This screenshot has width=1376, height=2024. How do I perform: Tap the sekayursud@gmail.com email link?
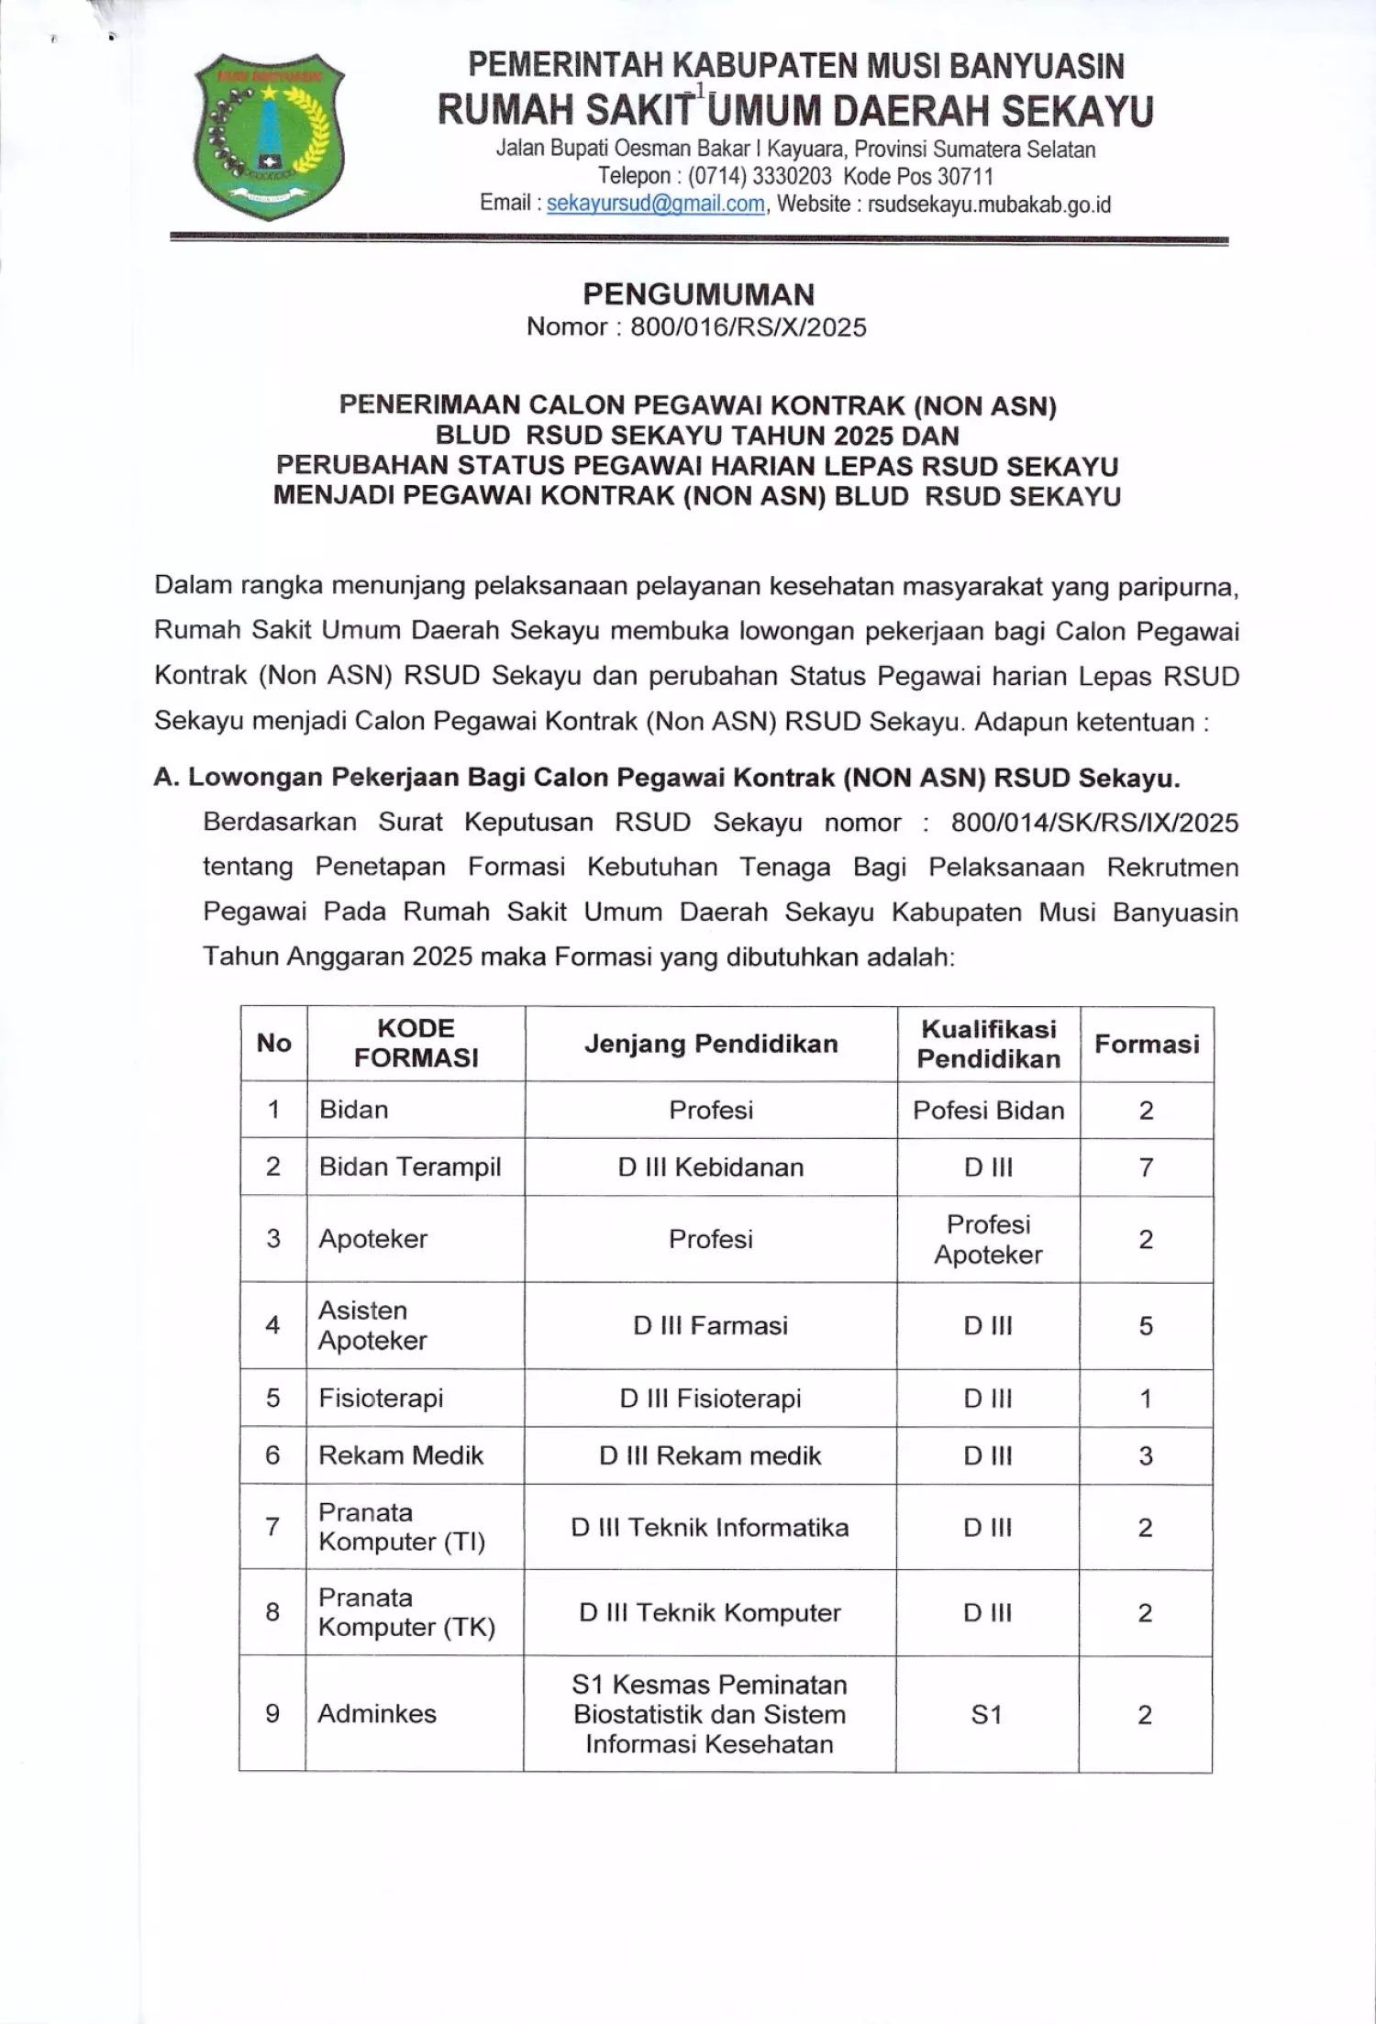pos(655,204)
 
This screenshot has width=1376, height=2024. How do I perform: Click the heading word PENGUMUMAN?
pos(698,294)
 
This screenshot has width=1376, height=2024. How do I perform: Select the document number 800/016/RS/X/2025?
pos(748,327)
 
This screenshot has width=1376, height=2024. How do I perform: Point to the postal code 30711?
pos(961,176)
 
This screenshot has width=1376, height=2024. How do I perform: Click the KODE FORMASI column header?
pos(416,1043)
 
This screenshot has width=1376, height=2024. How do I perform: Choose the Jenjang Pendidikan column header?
pos(711,1044)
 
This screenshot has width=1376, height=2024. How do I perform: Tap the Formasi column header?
pos(1147,1044)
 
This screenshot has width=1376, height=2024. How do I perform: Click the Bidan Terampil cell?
pos(410,1167)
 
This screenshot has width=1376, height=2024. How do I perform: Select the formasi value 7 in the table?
pos(1146,1167)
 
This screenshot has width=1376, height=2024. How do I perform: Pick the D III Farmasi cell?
pos(710,1325)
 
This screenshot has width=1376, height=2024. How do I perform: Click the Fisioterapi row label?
pos(381,1398)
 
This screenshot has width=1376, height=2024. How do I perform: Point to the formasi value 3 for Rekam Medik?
pos(1146,1455)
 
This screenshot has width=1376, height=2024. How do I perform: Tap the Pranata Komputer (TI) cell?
pos(402,1527)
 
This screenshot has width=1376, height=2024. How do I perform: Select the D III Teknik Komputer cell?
pos(710,1612)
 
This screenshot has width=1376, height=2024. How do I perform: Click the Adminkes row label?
pos(377,1713)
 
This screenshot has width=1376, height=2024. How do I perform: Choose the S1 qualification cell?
pos(987,1714)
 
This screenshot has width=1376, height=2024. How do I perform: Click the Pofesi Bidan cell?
pos(988,1110)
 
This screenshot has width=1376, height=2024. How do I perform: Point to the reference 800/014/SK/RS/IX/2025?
pos(1094,823)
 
